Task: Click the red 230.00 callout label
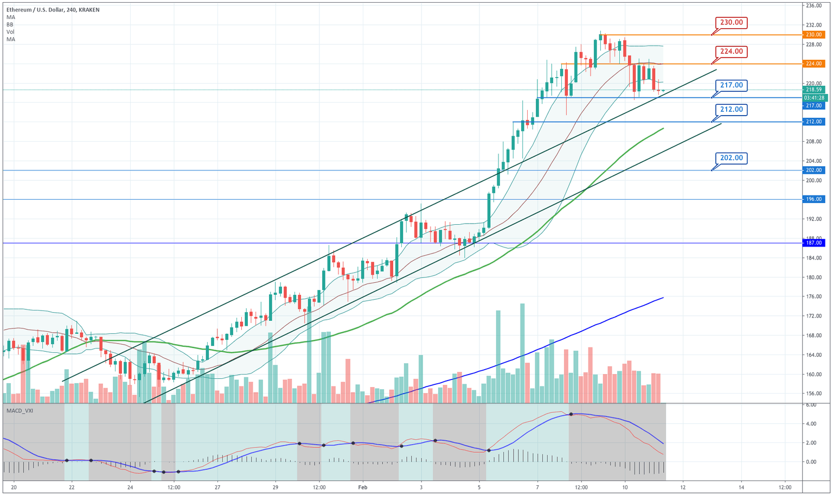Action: [731, 23]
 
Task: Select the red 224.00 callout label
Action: [731, 52]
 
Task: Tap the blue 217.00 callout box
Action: [731, 85]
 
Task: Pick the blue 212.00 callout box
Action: [731, 110]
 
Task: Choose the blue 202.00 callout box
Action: [731, 158]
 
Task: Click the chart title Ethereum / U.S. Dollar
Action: [38, 10]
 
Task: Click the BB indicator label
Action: [10, 24]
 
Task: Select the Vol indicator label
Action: [10, 32]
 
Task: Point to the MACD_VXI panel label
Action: [20, 411]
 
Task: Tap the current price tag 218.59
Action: [814, 90]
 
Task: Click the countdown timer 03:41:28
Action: [814, 98]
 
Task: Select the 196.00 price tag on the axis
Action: [814, 199]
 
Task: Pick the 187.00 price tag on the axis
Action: [814, 243]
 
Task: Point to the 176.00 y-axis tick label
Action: [814, 296]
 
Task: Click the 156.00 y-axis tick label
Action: [814, 394]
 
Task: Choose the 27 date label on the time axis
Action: [217, 487]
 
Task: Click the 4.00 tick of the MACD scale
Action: [811, 424]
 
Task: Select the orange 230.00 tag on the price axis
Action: [814, 35]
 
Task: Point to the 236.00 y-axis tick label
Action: [814, 6]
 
